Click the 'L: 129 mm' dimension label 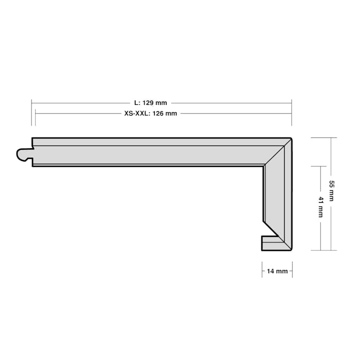pyautogui.click(x=151, y=103)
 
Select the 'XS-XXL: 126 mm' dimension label pyautogui.click(x=151, y=113)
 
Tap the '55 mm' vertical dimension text pyautogui.click(x=332, y=191)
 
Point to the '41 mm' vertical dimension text pyautogui.click(x=321, y=207)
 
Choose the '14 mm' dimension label pyautogui.click(x=277, y=271)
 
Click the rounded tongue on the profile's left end pyautogui.click(x=25, y=155)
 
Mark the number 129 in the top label pyautogui.click(x=148, y=103)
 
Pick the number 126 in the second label pyautogui.click(x=158, y=113)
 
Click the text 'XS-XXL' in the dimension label pyautogui.click(x=136, y=113)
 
